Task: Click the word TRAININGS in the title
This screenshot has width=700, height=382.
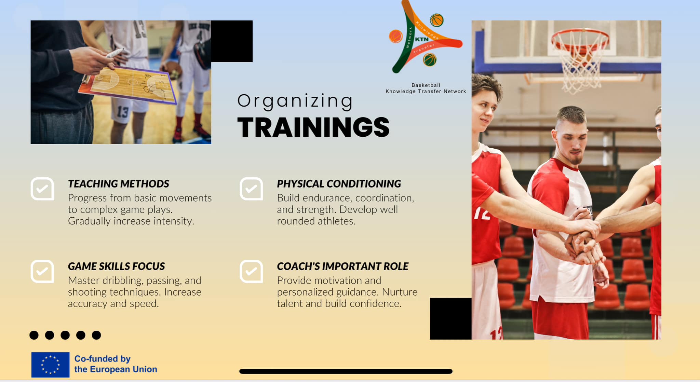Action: click(313, 127)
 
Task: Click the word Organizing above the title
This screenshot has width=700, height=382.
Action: click(295, 101)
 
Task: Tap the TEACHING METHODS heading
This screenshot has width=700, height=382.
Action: click(118, 184)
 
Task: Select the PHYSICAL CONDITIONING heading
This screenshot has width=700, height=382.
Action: click(339, 184)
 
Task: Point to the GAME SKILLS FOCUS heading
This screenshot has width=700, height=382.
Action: click(116, 266)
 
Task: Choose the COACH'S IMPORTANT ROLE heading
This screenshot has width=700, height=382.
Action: click(342, 266)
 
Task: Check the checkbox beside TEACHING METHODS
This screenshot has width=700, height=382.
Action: click(42, 189)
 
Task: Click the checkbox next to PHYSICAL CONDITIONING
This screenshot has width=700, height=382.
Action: click(251, 189)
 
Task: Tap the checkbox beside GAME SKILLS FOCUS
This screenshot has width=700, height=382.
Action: click(42, 271)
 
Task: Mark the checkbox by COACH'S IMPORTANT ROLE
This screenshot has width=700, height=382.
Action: click(251, 271)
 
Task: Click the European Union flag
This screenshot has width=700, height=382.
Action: click(50, 365)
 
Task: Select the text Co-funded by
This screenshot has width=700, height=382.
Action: click(103, 359)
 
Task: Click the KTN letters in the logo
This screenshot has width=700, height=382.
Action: click(422, 39)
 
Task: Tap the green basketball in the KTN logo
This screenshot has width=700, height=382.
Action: click(430, 60)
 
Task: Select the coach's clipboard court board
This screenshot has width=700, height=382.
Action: click(127, 85)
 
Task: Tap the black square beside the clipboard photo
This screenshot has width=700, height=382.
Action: click(232, 41)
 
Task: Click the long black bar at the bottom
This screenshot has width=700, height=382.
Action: click(346, 371)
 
